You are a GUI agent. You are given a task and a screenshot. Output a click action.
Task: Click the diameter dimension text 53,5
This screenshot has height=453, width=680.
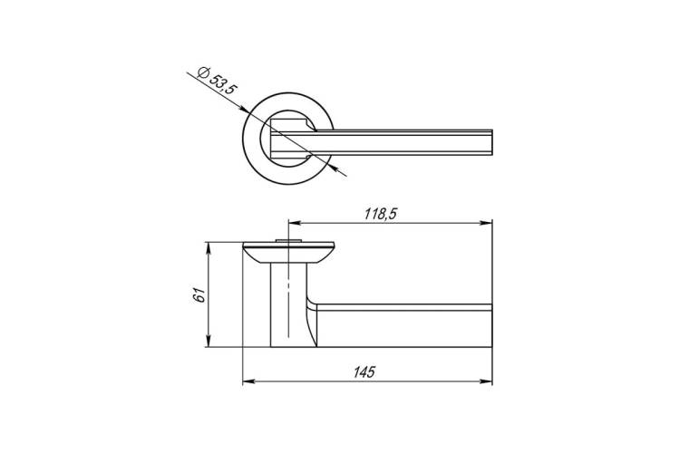[224, 84]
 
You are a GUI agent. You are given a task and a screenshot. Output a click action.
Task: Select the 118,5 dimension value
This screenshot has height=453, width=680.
[380, 214]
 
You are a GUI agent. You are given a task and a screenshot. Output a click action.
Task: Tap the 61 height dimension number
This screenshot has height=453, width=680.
[199, 295]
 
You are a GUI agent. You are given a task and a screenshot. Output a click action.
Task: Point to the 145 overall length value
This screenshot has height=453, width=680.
[364, 372]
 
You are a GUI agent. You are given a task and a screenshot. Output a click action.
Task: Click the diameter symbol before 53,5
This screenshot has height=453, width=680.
[202, 72]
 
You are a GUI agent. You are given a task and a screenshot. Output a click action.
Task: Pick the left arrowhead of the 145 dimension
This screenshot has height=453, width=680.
[248, 381]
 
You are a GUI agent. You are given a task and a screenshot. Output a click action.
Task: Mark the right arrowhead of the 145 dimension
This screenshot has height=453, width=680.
[487, 381]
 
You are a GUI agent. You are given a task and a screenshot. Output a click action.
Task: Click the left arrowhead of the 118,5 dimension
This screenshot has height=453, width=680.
[294, 223]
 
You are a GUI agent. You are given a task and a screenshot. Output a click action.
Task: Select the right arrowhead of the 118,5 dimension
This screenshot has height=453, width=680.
[487, 223]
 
